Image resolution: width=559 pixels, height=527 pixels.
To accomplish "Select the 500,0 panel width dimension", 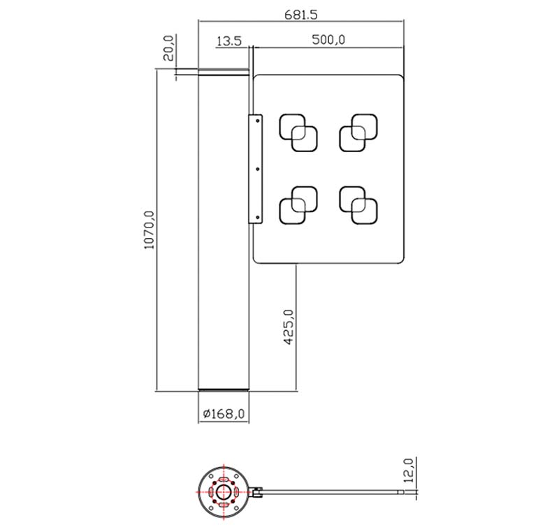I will [x=328, y=39].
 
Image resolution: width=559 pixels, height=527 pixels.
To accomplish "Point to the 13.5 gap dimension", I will [x=228, y=41].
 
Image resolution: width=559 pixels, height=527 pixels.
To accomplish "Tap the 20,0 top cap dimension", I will [x=168, y=50].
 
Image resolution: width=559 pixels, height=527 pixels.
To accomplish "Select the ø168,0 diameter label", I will [x=224, y=414].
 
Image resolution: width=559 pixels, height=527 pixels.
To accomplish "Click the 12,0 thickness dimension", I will [x=409, y=471].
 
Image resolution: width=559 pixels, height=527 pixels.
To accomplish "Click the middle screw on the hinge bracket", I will [x=257, y=169].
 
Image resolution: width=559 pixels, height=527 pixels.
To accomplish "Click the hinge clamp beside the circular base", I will [x=256, y=493].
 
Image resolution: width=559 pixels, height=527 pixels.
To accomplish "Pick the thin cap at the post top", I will [x=224, y=71].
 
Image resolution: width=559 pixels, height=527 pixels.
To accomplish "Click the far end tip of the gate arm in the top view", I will [x=401, y=493].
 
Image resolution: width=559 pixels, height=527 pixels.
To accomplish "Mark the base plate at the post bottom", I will [x=224, y=389].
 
